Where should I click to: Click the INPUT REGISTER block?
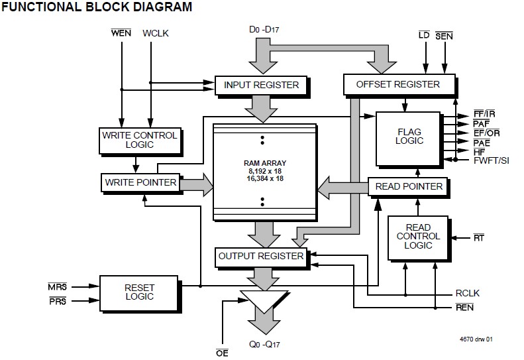tap(262, 85)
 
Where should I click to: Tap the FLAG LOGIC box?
tap(409, 137)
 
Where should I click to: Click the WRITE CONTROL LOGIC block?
tap(138, 140)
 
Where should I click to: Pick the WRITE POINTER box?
tap(140, 182)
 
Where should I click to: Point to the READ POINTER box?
tap(408, 186)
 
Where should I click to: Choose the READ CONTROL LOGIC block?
tap(418, 236)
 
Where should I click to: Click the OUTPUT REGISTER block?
tap(260, 256)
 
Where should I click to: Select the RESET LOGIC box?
tap(138, 292)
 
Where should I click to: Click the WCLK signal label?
tap(156, 33)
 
